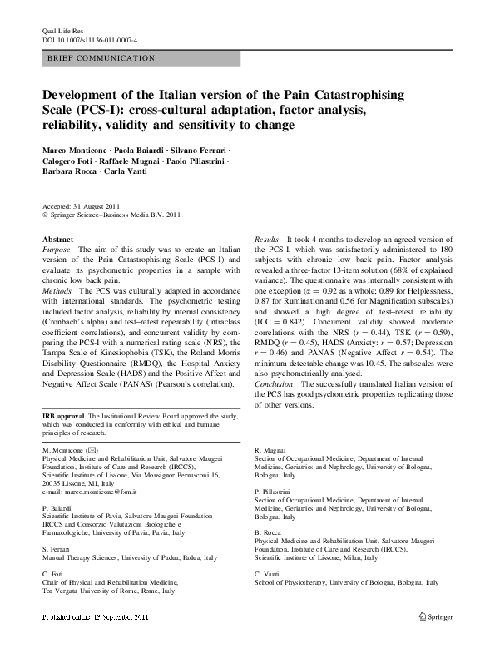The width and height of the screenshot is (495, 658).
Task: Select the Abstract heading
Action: [x=57, y=239]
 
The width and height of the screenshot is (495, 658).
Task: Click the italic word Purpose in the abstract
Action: [x=56, y=249]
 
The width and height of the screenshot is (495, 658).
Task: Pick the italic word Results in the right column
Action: [x=266, y=239]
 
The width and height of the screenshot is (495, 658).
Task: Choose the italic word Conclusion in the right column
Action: [x=275, y=385]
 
